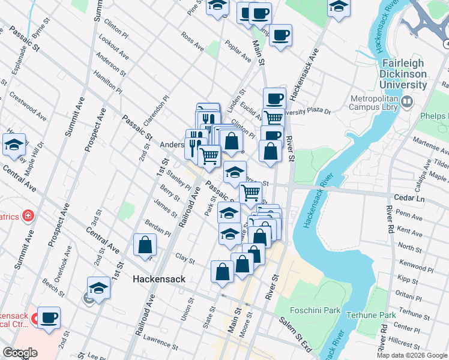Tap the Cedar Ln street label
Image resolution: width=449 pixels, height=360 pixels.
(408, 197)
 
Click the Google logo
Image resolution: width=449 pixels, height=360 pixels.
(20, 353)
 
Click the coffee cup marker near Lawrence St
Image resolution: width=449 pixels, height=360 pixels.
(49, 317)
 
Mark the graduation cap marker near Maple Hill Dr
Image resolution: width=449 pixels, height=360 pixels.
(14, 144)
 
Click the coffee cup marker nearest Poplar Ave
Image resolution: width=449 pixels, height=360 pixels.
(280, 35)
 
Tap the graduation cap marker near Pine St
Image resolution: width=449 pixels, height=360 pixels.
(217, 7)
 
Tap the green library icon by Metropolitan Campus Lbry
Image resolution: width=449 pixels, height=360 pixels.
(408, 103)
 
